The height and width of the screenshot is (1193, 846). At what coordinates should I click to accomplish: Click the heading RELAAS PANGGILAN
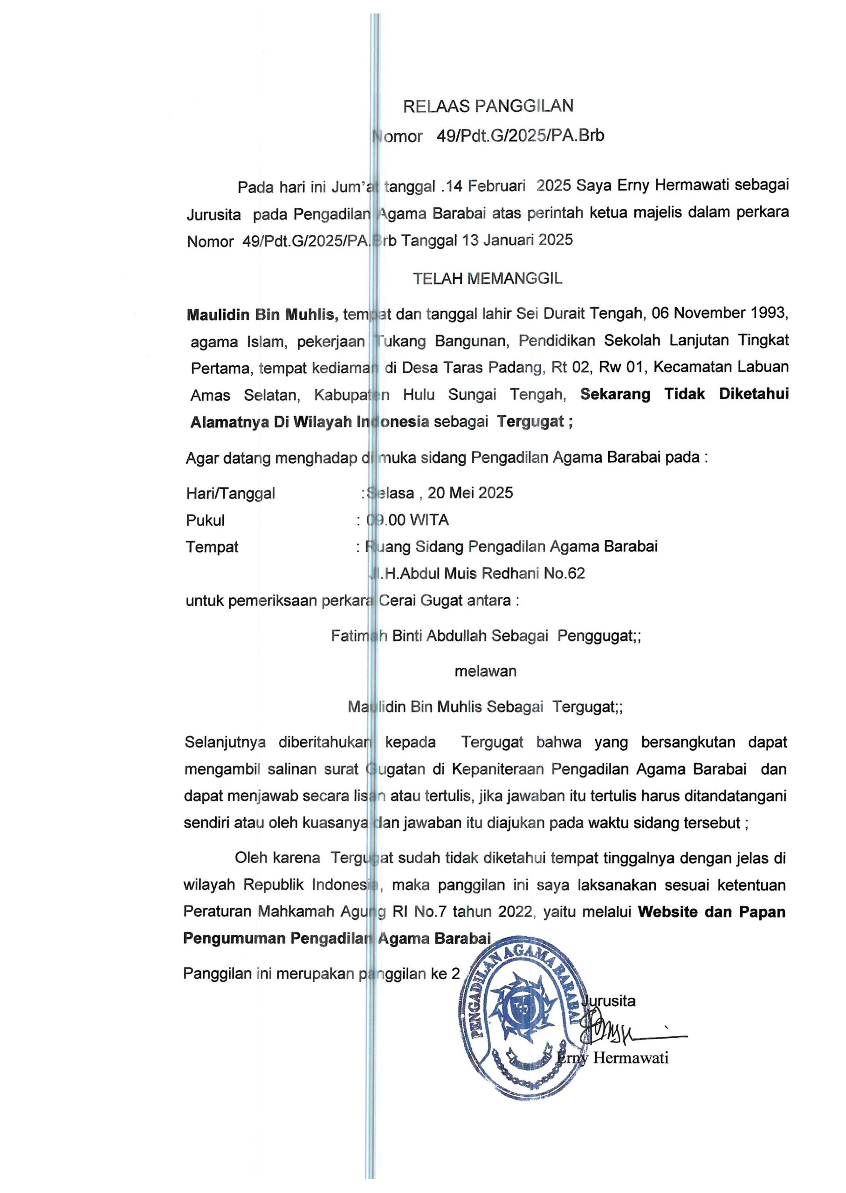pos(488,106)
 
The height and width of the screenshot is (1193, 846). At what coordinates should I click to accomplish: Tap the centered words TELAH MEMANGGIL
pos(488,279)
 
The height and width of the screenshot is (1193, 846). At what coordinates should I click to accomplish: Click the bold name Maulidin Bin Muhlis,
pos(262,315)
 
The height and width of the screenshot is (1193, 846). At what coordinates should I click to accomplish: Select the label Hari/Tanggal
pos(230,493)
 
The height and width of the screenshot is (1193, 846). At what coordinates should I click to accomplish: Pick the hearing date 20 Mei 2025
pos(470,493)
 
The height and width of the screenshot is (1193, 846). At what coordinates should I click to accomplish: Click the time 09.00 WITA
pos(407,520)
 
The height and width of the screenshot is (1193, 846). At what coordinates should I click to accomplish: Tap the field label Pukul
pos(205,520)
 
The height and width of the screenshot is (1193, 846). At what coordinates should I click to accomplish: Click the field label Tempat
pos(212,547)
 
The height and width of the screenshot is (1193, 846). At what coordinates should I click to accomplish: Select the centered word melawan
pos(486,671)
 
